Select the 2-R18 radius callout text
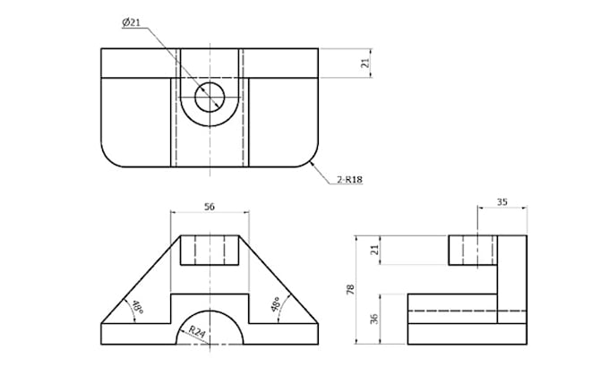tap(349, 180)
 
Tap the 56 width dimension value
tap(210, 206)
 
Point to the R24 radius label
tap(196, 332)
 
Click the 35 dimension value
tap(502, 202)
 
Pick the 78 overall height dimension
tap(362, 290)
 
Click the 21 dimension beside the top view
tap(365, 64)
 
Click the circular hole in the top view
tap(210, 97)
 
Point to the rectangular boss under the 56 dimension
tap(210, 251)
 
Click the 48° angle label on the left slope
tap(137, 308)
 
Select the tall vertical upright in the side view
tap(511, 277)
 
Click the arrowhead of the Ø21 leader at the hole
tap(199, 87)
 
